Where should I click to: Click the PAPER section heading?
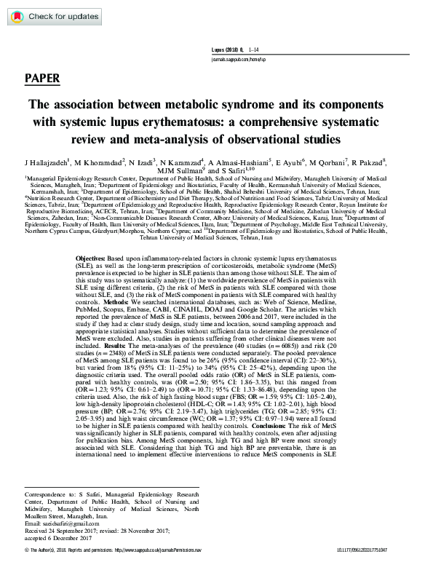(42, 78)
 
